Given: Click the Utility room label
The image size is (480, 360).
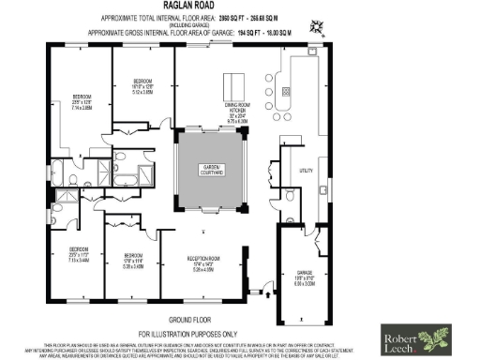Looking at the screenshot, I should [305, 172].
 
